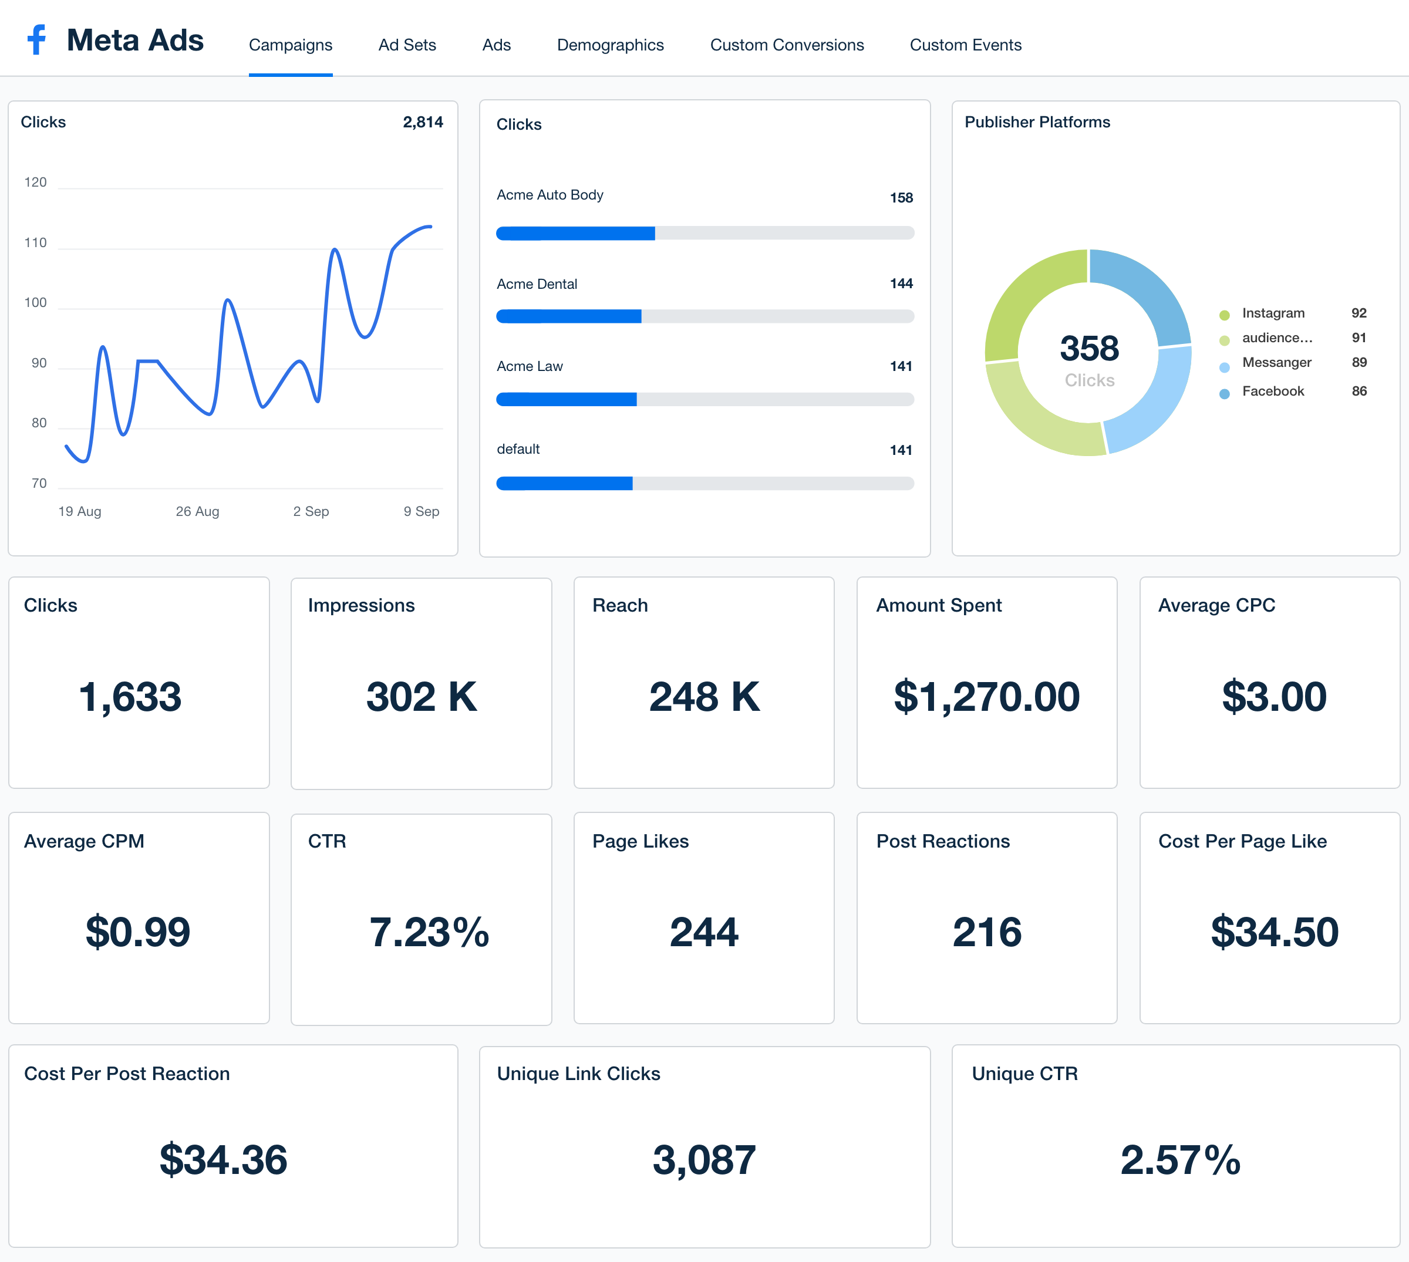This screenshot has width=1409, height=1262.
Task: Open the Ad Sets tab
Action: click(407, 45)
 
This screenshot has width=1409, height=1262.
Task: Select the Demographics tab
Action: click(610, 45)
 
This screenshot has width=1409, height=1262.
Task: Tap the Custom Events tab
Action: click(965, 45)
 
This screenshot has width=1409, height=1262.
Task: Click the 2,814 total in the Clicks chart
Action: click(422, 122)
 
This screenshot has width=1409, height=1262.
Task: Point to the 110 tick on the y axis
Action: click(35, 242)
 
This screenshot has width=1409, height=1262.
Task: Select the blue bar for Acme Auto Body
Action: click(575, 233)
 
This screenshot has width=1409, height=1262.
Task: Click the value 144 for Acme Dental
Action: click(901, 284)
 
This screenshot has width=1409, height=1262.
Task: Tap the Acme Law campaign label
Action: click(530, 366)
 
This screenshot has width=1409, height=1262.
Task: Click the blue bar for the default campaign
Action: click(564, 483)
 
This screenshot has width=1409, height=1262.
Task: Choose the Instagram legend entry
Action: click(1273, 313)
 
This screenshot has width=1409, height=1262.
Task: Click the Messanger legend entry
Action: click(1276, 362)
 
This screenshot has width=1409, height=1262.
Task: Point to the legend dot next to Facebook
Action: click(1225, 393)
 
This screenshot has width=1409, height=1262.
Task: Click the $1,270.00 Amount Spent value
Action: click(986, 696)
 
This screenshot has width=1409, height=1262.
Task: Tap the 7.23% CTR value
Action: click(429, 932)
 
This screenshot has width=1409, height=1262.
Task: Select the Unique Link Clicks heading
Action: click(578, 1074)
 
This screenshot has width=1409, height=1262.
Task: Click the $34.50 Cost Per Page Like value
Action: click(1274, 932)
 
